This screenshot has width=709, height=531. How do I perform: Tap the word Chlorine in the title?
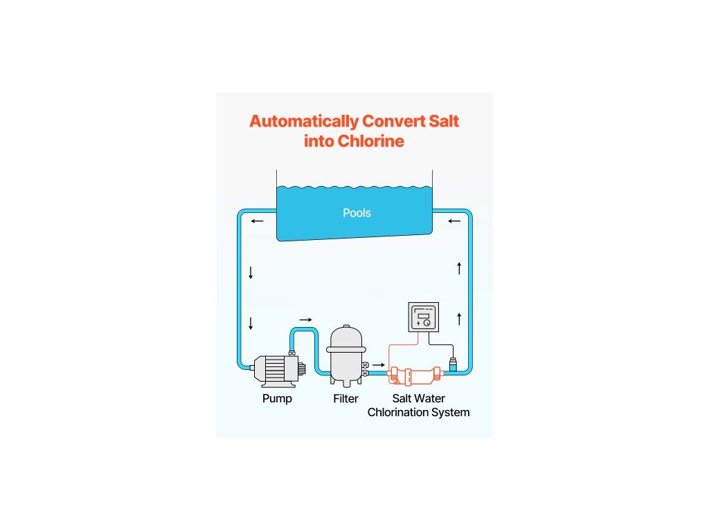pos(371,142)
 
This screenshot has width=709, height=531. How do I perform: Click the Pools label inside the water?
pos(357,213)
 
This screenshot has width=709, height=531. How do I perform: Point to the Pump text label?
pos(277,399)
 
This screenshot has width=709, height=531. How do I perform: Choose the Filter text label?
pos(345,399)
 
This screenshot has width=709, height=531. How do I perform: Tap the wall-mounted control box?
pos(423,317)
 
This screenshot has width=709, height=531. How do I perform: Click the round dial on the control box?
pos(427,323)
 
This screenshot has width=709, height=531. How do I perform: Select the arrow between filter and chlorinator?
pos(379,364)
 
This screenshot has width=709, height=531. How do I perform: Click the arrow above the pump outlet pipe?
pos(305,319)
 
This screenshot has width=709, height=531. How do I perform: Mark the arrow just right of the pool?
pos(454,221)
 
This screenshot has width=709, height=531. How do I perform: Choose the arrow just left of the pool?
pos(258,221)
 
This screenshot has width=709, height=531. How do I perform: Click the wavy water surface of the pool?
pos(354,187)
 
